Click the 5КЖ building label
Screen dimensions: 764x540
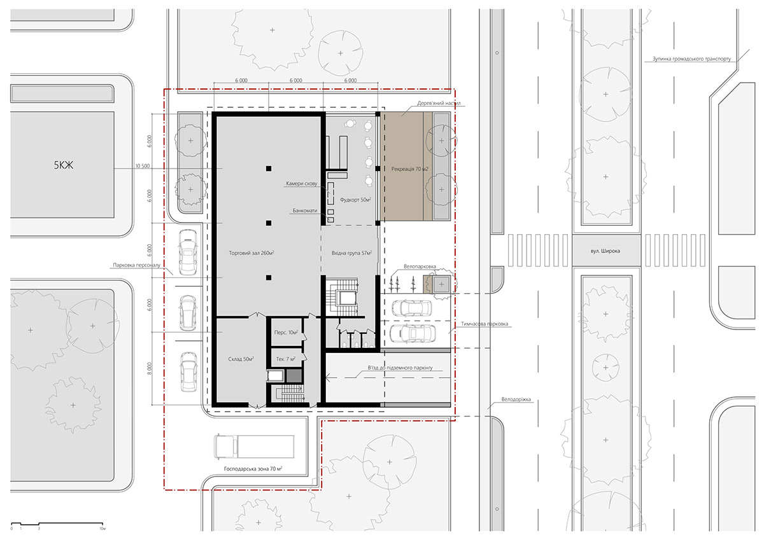(64, 165)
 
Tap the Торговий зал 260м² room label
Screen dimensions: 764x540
(251, 253)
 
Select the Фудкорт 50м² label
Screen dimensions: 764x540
(355, 200)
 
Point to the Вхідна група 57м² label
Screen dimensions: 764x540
(351, 253)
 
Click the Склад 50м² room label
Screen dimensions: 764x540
(241, 359)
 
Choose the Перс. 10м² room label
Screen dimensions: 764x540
(286, 332)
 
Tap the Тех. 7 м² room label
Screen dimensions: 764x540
(286, 359)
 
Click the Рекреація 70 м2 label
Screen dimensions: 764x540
(409, 169)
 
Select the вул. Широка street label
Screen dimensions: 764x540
(605, 251)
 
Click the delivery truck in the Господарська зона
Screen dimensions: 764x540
(254, 447)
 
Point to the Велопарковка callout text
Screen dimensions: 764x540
(420, 267)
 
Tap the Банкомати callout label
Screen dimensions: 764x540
(304, 211)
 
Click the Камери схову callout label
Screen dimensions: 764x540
(302, 184)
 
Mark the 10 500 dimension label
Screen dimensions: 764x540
(143, 166)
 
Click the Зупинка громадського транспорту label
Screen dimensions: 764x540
(691, 59)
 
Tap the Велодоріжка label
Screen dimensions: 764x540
(516, 399)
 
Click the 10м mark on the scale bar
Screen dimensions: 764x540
(103, 529)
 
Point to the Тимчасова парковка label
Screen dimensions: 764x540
(485, 324)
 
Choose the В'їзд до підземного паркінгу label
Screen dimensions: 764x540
(400, 368)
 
